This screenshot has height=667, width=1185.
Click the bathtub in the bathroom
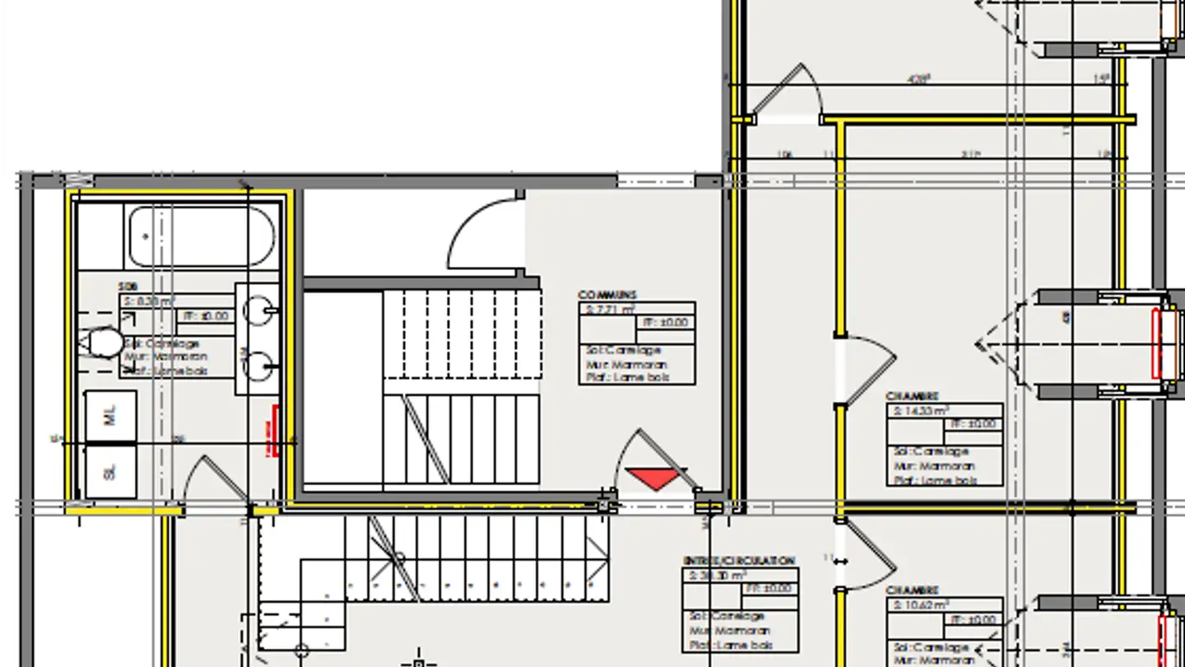pyautogui.click(x=202, y=236)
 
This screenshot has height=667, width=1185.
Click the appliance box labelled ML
pyautogui.click(x=111, y=416)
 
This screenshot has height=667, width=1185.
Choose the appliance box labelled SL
pyautogui.click(x=111, y=471)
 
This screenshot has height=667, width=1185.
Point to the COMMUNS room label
pyautogui.click(x=607, y=295)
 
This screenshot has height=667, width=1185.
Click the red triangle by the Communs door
pyautogui.click(x=655, y=477)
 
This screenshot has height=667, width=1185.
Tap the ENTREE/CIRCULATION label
pyautogui.click(x=739, y=561)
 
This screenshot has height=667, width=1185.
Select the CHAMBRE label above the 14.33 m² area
pyautogui.click(x=912, y=397)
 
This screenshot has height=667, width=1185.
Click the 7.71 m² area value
pyautogui.click(x=610, y=310)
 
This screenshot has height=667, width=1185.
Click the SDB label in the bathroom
pyautogui.click(x=127, y=286)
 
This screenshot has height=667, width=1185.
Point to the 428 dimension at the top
pyautogui.click(x=918, y=80)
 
